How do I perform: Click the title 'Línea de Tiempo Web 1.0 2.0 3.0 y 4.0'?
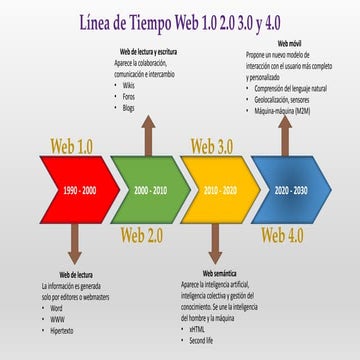[181, 21]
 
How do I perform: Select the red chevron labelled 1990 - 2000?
[75, 190]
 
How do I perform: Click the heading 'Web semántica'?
[222, 273]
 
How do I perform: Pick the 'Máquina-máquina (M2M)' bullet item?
[286, 110]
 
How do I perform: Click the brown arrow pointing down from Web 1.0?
[75, 243]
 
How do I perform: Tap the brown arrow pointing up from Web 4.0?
[285, 138]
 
